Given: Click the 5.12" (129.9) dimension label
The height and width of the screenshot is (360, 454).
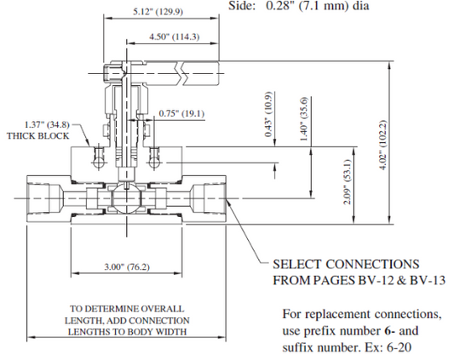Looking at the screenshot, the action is pos(158,12).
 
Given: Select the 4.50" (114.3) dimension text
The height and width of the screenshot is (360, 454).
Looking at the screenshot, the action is pos(175,37).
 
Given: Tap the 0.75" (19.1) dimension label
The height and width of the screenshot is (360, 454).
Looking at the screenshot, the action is pos(181,113).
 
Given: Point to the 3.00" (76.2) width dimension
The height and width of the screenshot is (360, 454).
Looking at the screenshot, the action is pos(127,266).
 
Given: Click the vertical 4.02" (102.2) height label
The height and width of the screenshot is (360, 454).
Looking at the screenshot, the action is pos(382,145).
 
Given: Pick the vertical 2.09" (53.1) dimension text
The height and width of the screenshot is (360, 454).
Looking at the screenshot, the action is pos(348,182).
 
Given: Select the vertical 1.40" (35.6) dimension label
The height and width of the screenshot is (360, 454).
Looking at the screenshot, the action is pos(304,118).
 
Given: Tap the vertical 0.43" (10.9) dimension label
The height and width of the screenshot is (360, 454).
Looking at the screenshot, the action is pos(268,114).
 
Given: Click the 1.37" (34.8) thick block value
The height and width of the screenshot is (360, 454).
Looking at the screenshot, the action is pos(47,125).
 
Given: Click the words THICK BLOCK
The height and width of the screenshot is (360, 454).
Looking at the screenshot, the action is pos(38,136).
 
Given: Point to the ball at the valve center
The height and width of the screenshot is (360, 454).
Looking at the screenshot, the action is pos(126,199).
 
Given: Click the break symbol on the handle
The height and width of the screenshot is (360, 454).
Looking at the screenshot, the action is pos(181,73).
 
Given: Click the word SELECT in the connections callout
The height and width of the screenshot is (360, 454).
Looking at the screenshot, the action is pos(297,264).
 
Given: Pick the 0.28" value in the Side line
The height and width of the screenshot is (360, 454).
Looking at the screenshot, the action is pos(278,6).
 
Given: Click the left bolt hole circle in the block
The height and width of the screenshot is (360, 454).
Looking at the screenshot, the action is pos(99,163).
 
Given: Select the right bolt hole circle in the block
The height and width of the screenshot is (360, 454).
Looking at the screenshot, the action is pos(154,163).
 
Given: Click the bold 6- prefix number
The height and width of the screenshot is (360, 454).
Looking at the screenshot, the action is pos(390,331).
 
